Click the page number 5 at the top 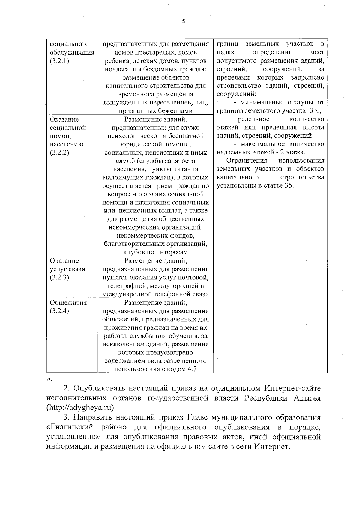point(183,22)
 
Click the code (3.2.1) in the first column point(59,61)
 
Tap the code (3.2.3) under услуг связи point(59,277)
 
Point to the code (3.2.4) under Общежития point(59,311)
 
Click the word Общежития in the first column point(68,303)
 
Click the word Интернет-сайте point(292,388)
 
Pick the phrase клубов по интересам point(156,252)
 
